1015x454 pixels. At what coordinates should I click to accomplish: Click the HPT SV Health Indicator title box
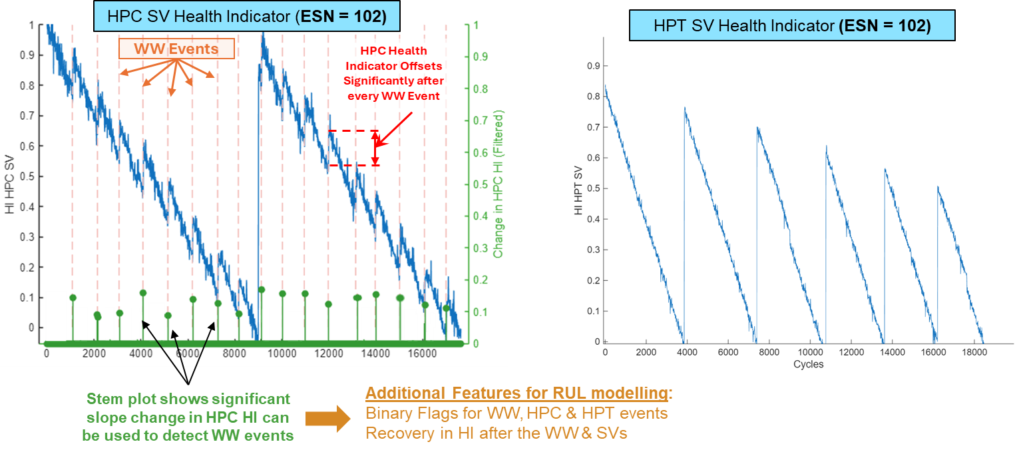[x=791, y=26]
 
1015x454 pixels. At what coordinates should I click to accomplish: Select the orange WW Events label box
[x=176, y=49]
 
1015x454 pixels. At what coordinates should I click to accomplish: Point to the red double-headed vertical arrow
[x=375, y=147]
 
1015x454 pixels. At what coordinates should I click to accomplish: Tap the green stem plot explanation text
[x=188, y=417]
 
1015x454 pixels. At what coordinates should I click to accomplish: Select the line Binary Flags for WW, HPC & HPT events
[x=516, y=413]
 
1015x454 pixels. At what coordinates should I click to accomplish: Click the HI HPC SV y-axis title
[x=9, y=186]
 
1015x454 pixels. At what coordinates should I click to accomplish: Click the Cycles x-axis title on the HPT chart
[x=808, y=364]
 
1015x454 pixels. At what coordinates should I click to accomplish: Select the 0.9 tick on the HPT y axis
[x=592, y=66]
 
